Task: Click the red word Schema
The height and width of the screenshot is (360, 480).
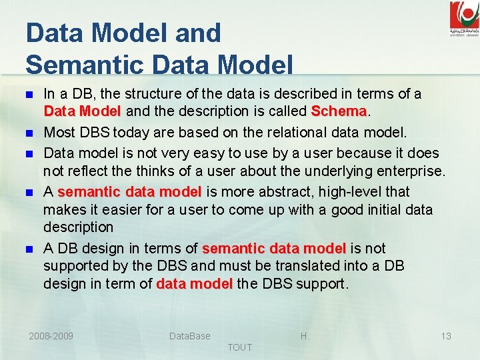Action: click(x=339, y=110)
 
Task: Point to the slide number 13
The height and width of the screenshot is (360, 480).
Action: click(x=446, y=336)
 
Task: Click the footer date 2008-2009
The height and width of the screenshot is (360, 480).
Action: click(x=51, y=336)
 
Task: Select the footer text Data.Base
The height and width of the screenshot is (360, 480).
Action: click(x=189, y=336)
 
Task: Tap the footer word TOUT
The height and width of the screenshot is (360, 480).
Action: click(x=239, y=347)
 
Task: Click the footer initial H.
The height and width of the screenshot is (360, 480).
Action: click(x=305, y=336)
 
